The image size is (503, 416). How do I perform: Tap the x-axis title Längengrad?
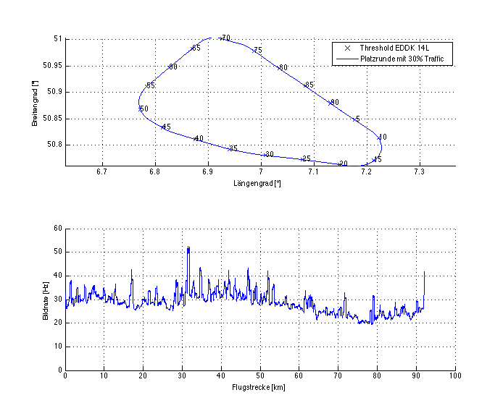pos(257,184)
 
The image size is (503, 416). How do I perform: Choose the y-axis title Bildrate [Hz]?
pos(45,299)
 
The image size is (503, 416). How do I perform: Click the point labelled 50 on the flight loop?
pos(140,109)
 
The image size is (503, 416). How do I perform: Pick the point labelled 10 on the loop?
pos(379,137)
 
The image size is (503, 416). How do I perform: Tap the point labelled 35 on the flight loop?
pos(229,148)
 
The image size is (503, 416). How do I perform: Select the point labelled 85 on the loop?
pos(306,85)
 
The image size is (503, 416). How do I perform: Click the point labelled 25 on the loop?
pos(302,159)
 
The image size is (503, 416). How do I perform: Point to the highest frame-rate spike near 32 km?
pos(188,247)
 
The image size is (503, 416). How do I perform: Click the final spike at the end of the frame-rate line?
pos(424,272)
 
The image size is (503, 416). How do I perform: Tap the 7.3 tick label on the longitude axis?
pos(419,172)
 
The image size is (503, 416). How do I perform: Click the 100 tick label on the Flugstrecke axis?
pos(454,376)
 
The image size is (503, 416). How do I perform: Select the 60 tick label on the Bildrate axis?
pos(58,229)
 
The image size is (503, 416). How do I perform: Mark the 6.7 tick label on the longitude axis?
pos(101,172)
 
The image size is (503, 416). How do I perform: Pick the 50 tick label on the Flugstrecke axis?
pos(260,376)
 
